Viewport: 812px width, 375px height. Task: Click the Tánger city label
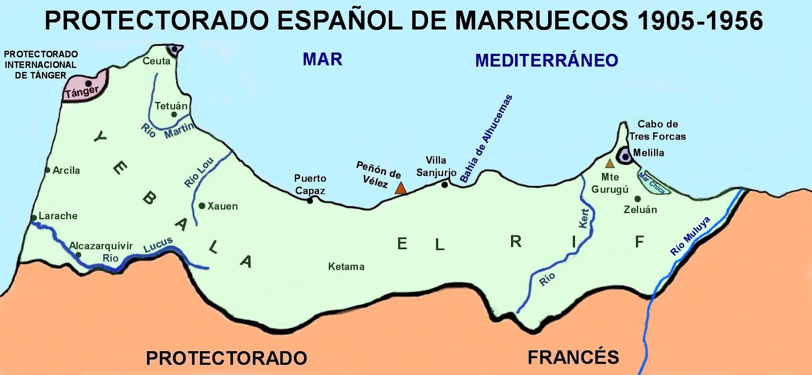point(81,92)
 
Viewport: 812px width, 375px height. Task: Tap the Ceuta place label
point(156,61)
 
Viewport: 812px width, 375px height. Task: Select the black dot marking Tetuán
point(174,115)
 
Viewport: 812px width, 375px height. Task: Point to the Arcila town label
point(66,171)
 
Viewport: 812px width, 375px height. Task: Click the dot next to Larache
point(34,218)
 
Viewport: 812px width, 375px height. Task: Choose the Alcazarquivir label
point(101,246)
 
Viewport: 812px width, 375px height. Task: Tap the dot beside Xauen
point(202,206)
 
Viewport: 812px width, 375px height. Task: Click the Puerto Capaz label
point(310,184)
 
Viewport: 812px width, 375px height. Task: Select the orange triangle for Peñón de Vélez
point(401,188)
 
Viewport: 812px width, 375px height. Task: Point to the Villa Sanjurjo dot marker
point(445,185)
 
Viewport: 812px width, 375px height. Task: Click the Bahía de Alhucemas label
point(486,139)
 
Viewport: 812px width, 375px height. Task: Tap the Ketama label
point(346,266)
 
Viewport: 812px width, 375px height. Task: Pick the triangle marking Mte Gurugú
point(610,164)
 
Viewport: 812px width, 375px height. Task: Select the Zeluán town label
point(640,210)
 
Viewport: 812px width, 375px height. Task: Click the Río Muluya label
point(690,236)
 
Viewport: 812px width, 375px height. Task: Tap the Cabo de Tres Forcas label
point(658,130)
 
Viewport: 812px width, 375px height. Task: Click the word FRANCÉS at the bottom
point(573,357)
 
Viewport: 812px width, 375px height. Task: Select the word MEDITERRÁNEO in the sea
point(547,60)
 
